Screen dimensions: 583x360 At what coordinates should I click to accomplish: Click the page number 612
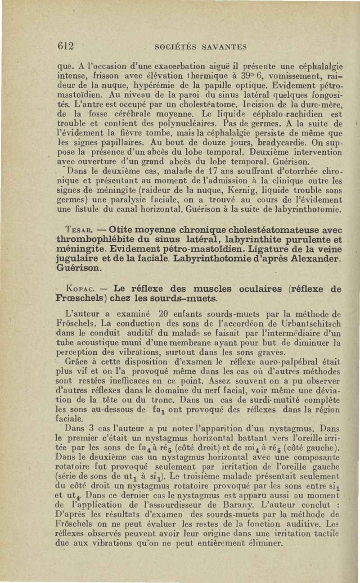65,46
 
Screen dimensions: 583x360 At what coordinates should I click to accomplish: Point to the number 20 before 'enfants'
164,314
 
